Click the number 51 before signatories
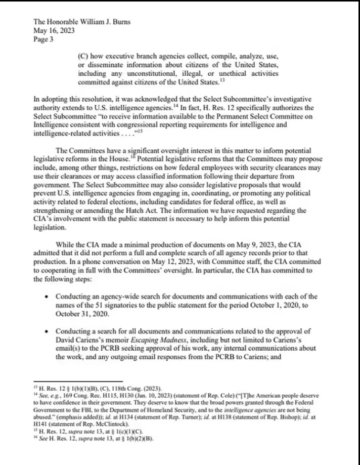click(x=101, y=304)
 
